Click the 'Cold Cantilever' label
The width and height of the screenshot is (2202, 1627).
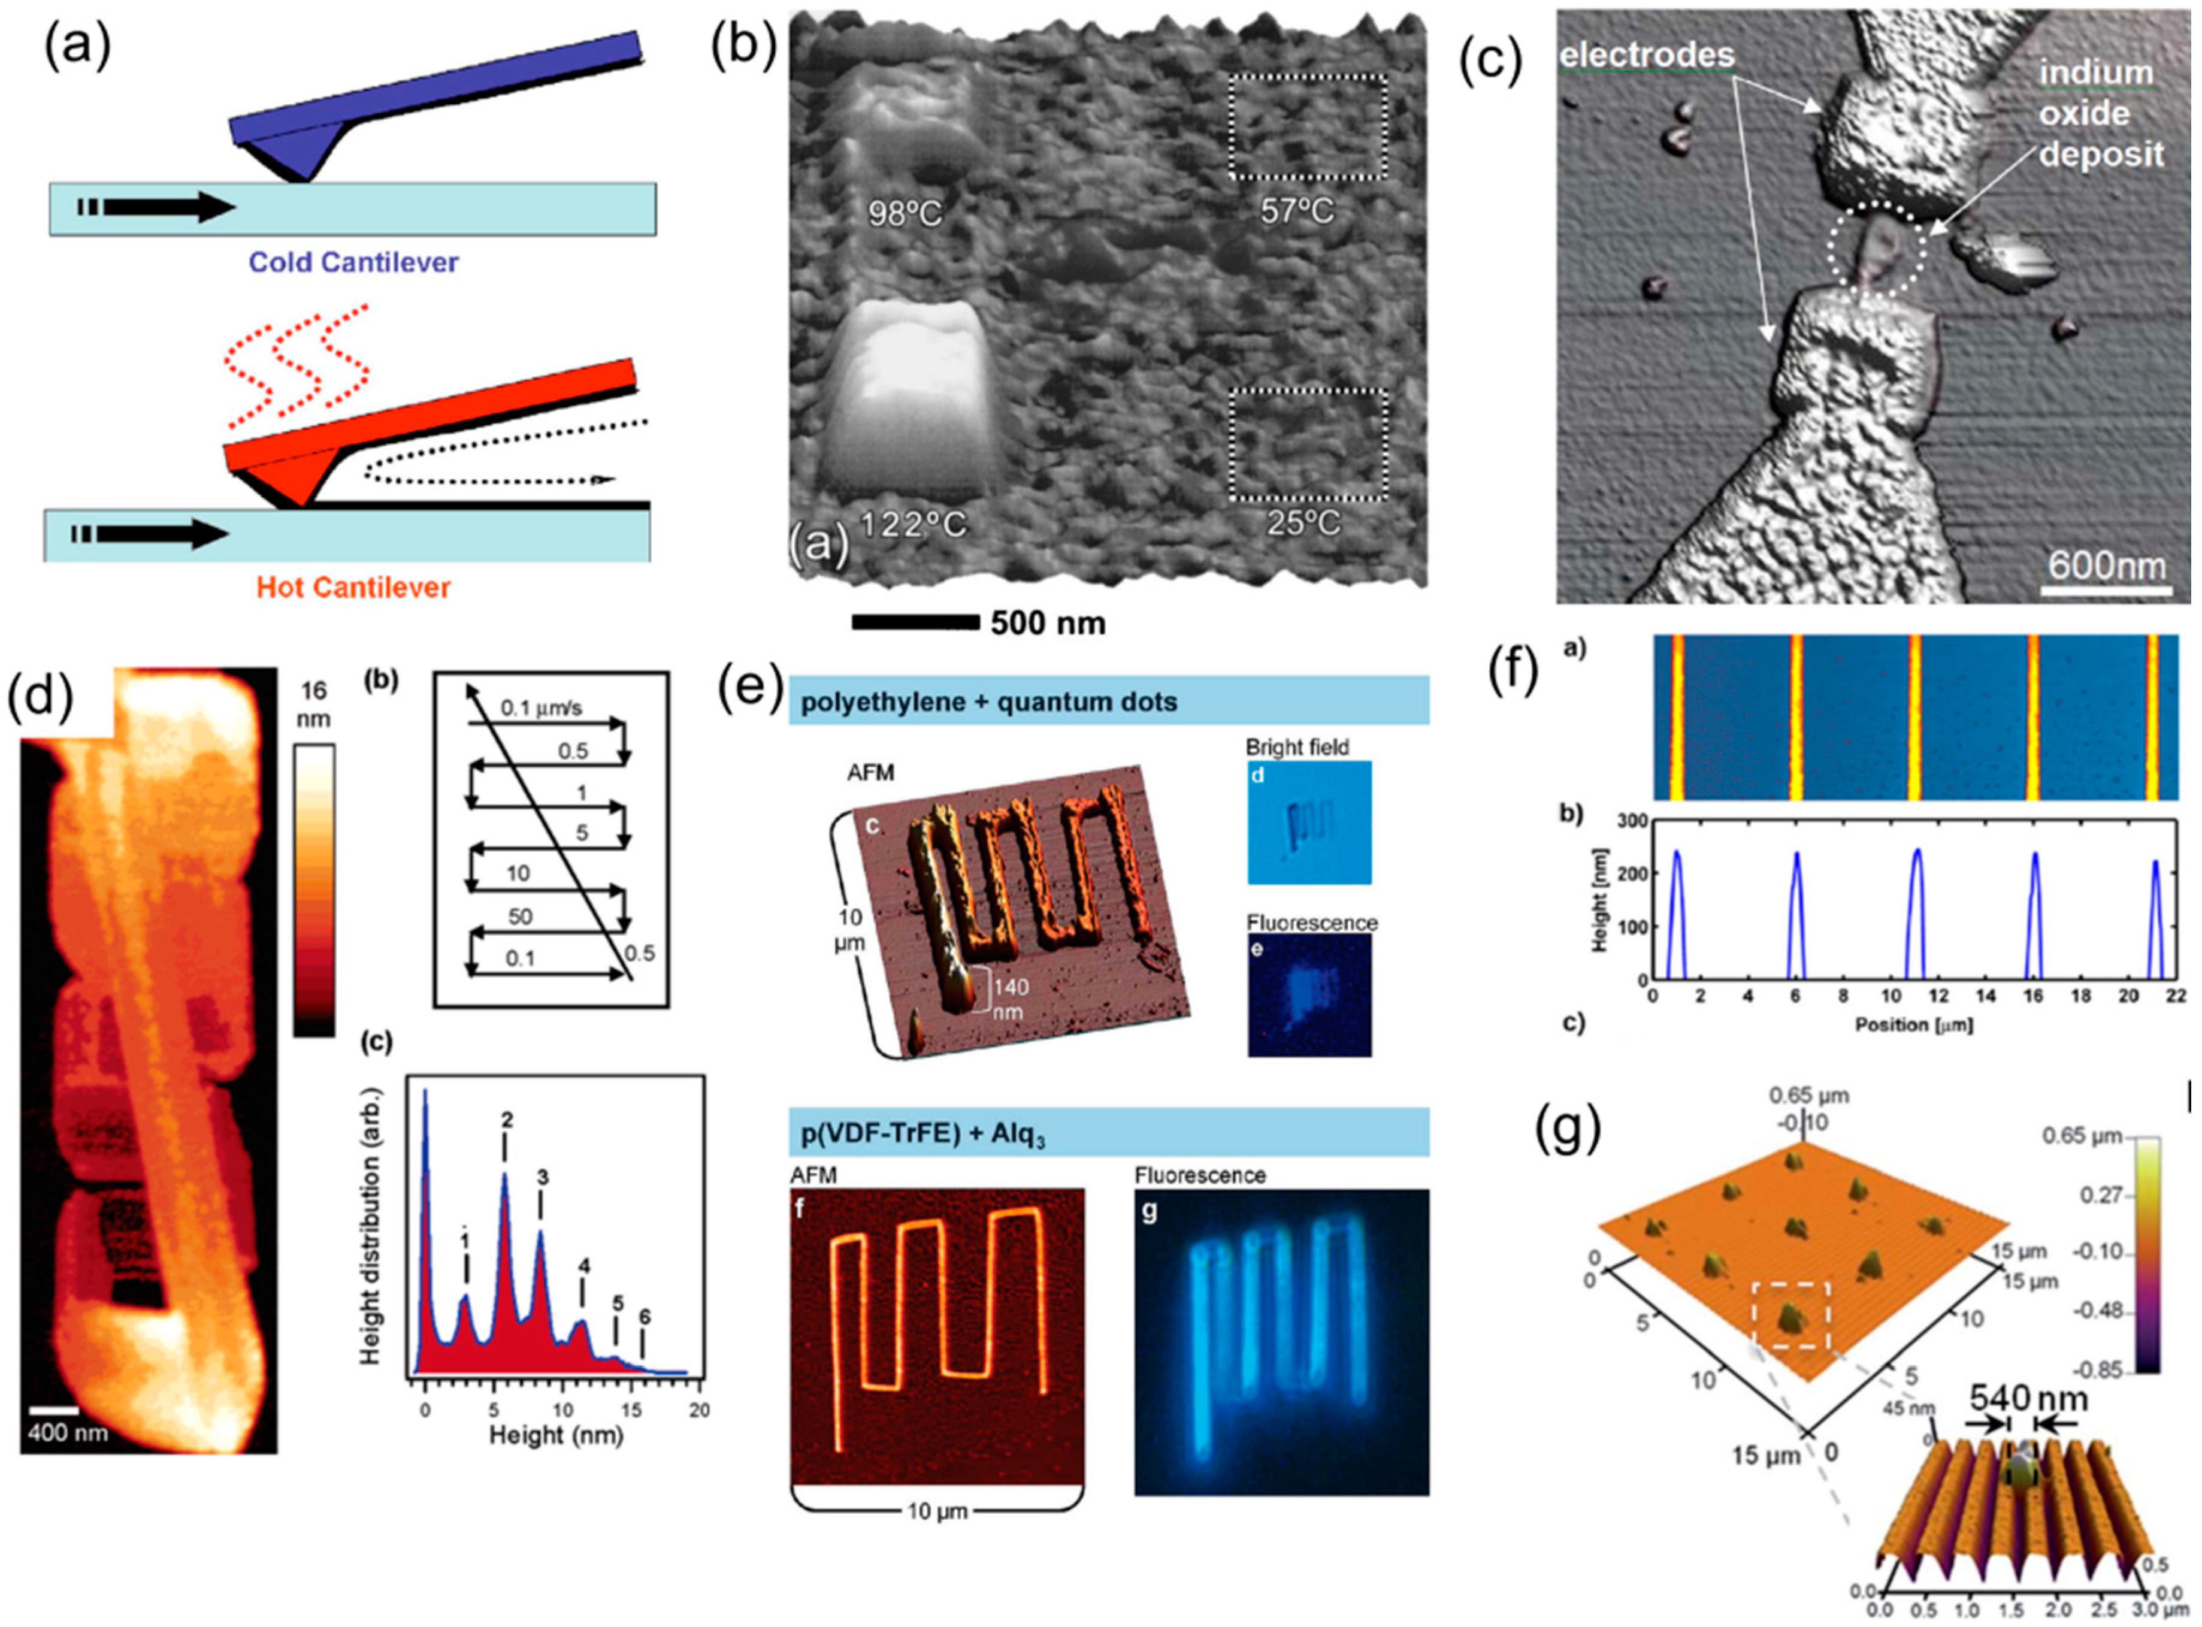353,263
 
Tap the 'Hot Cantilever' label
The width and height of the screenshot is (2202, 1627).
353,588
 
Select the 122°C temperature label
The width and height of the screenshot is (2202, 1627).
915,524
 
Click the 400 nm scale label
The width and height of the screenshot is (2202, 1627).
67,1431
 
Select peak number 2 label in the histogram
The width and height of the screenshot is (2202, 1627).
506,1120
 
